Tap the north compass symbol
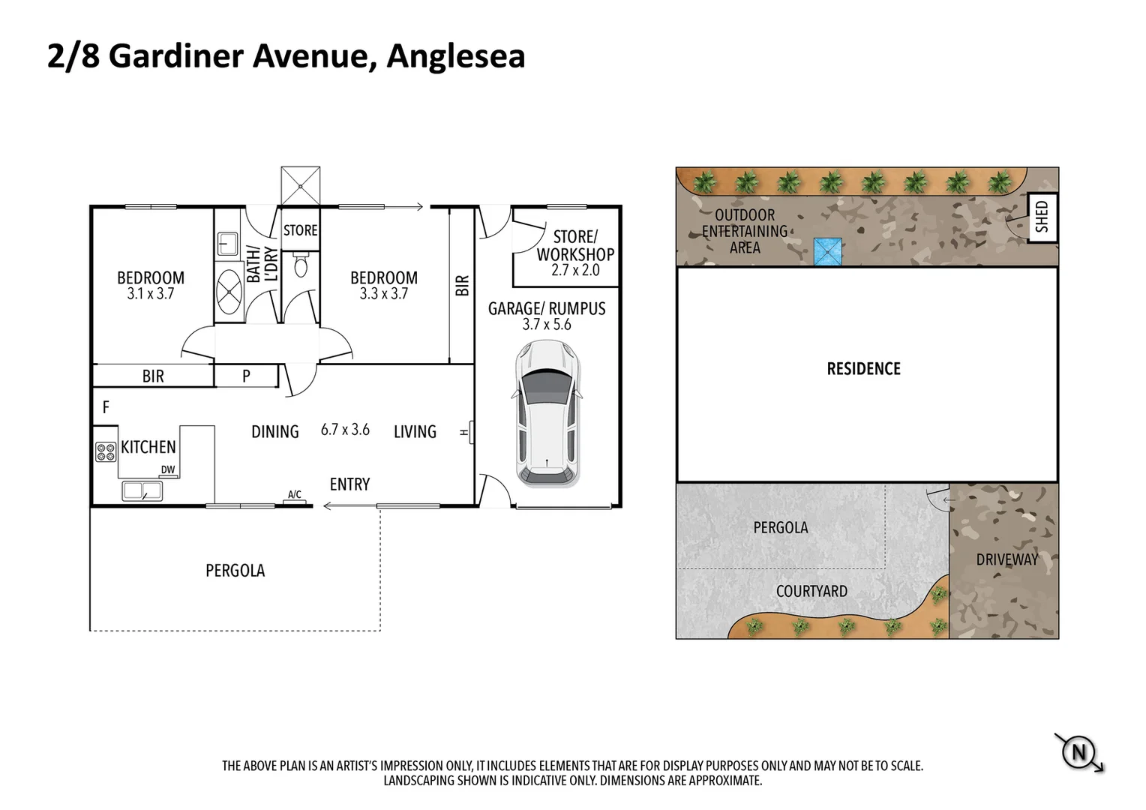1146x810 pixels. click(x=1079, y=751)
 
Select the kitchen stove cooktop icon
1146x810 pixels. click(x=105, y=451)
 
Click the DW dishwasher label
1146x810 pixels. click(x=168, y=470)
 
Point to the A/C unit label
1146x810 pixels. click(x=295, y=495)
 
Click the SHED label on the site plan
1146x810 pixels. click(x=1042, y=217)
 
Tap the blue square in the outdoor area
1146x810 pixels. click(x=828, y=252)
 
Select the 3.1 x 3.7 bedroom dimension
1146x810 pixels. click(x=150, y=294)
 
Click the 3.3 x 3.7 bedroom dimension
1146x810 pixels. click(x=383, y=294)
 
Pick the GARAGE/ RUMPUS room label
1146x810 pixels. click(x=547, y=308)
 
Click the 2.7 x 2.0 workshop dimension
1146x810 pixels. click(x=575, y=271)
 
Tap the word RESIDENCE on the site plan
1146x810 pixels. click(x=863, y=368)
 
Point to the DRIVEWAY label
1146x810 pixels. click(x=1006, y=559)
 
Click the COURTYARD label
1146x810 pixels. click(x=811, y=591)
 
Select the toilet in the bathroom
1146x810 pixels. click(x=301, y=265)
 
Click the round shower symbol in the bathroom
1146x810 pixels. click(x=229, y=287)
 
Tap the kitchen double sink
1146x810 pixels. click(x=142, y=491)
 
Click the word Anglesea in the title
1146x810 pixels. click(x=455, y=56)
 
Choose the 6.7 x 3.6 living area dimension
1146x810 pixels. click(x=345, y=430)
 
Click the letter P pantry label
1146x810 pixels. click(x=246, y=376)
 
